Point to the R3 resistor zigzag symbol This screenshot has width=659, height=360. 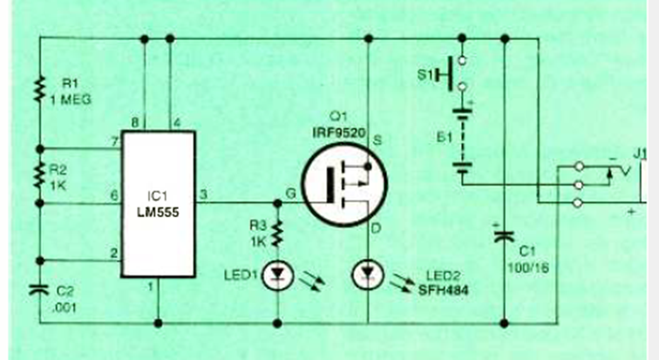click(278, 233)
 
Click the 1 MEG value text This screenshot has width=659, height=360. click(74, 100)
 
